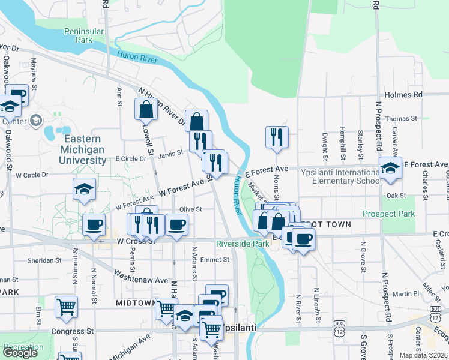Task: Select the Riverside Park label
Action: (243, 244)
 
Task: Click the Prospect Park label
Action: (388, 214)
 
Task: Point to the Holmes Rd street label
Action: (403, 95)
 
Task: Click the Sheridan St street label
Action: (45, 260)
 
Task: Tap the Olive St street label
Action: (190, 209)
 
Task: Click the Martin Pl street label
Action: (406, 293)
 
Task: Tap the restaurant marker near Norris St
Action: (277, 137)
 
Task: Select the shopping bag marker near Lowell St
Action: (146, 110)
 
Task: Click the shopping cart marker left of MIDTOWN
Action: (66, 307)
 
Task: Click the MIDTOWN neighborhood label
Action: (136, 303)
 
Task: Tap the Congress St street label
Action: (73, 331)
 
